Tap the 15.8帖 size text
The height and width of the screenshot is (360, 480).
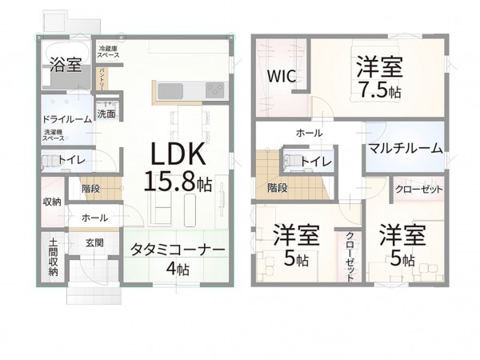(178, 182)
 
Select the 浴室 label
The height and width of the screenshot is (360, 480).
(64, 66)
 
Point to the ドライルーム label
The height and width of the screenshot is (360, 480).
(66, 119)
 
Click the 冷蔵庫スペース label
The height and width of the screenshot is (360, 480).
(109, 52)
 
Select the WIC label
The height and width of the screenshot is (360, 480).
(281, 78)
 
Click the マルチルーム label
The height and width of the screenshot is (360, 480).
(406, 147)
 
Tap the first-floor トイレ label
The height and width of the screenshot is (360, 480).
(72, 159)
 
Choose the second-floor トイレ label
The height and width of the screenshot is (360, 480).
(317, 162)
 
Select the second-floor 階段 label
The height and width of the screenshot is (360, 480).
(278, 189)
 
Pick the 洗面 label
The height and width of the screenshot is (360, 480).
(106, 114)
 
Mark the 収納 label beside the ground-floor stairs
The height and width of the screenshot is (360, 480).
(52, 202)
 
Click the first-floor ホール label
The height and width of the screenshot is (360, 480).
(94, 217)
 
